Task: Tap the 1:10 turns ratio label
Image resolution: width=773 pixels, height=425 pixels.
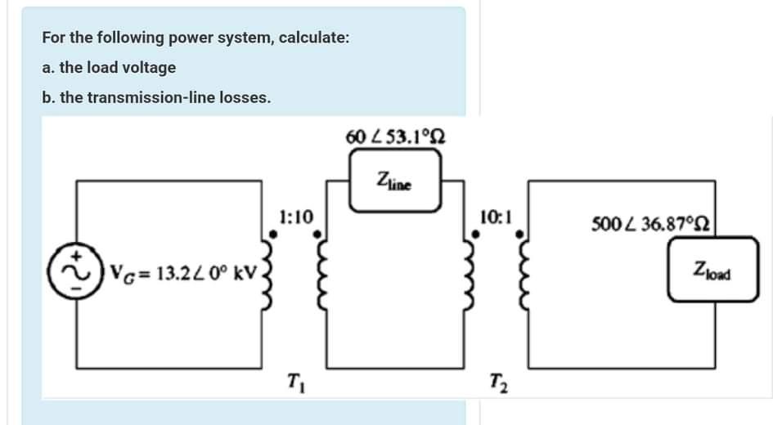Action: tap(294, 217)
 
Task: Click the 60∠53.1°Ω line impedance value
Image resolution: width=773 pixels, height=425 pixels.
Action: tap(395, 134)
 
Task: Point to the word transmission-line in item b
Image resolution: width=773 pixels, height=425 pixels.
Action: tap(150, 97)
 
